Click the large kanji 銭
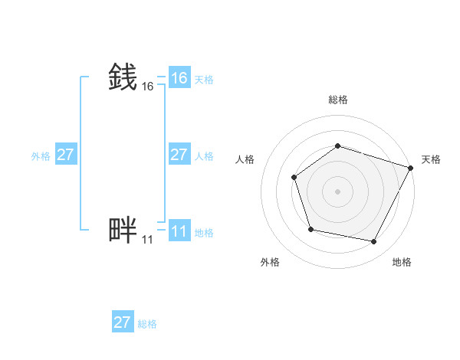123,77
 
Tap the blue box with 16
179,78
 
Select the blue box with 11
179,231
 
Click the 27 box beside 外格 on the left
66,155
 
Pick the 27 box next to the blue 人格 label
179,155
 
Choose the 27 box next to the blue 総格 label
123,322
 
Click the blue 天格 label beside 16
204,80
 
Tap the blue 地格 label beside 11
204,233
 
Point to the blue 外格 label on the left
41,156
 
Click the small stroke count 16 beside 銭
148,87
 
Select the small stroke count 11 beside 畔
147,240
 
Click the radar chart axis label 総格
337,100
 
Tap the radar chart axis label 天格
431,159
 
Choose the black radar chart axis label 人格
245,159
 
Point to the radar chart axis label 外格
270,262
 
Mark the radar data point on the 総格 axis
337,146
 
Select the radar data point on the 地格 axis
374,242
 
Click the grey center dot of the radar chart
337,191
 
